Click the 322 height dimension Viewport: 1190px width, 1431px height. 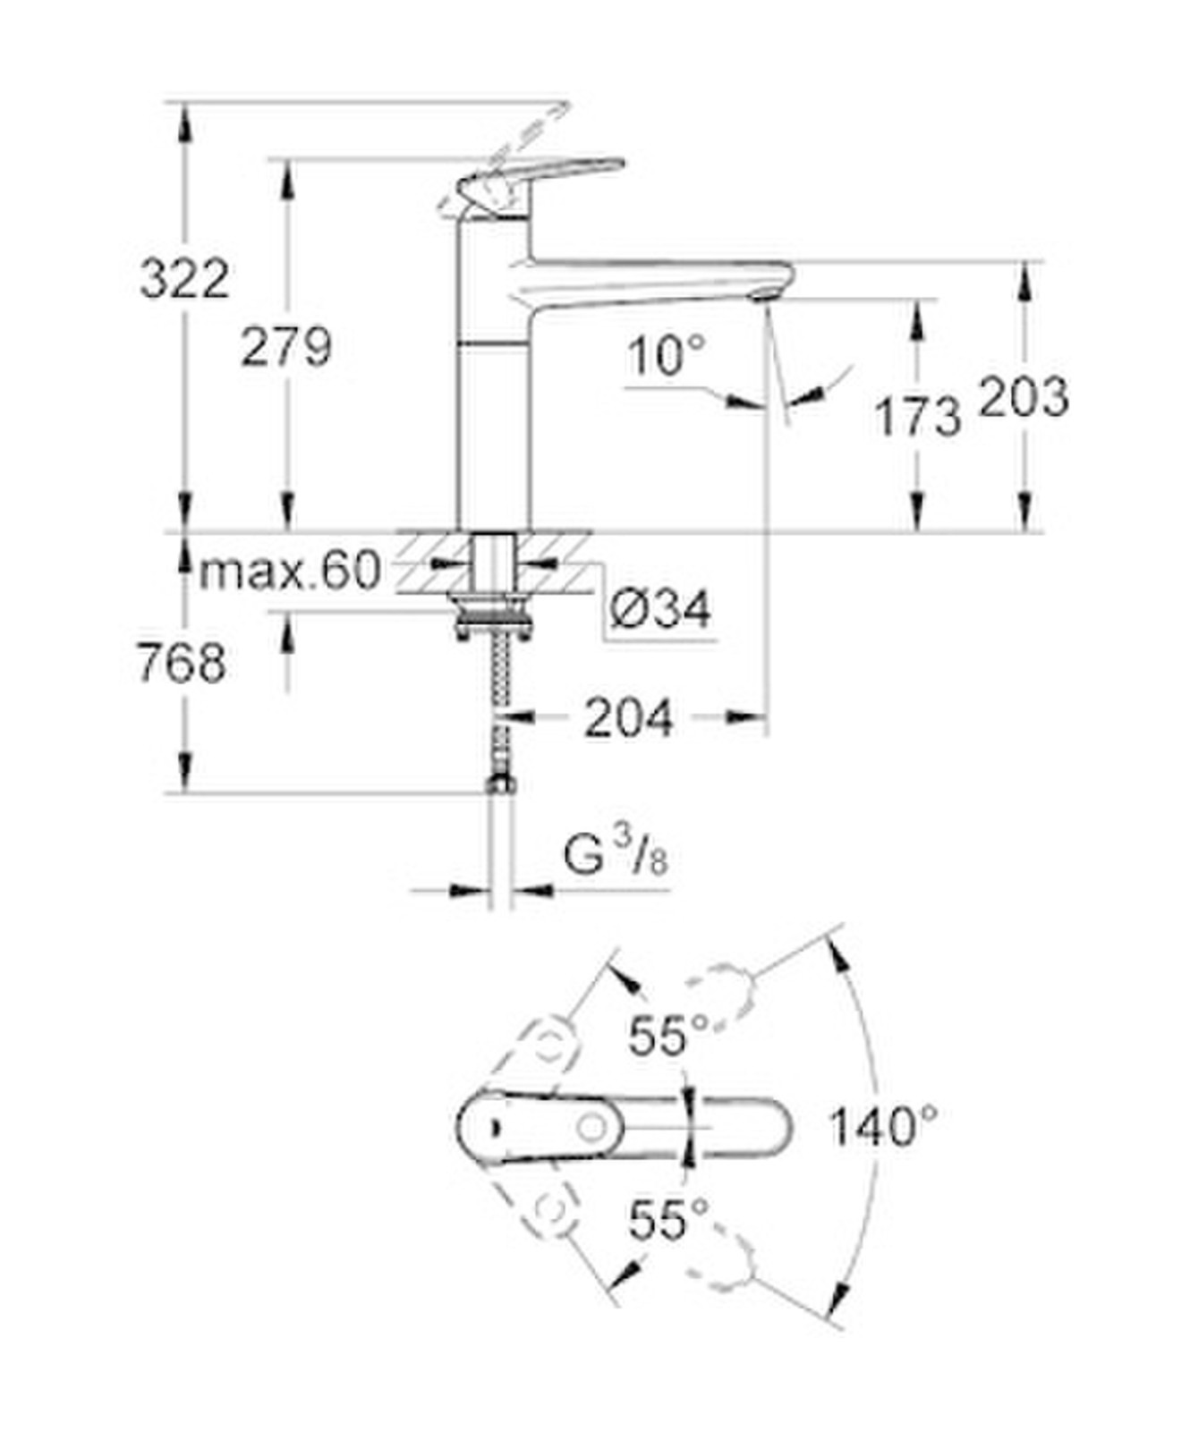(x=184, y=278)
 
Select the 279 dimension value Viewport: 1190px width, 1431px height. (x=285, y=347)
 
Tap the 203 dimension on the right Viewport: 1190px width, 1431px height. (x=1024, y=396)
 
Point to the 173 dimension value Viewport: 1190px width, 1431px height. (x=917, y=417)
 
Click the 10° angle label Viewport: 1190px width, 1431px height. (x=666, y=356)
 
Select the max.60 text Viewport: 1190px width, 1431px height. (x=290, y=570)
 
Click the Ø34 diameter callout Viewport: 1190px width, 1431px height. (x=660, y=610)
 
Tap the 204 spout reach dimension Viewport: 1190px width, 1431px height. (x=628, y=718)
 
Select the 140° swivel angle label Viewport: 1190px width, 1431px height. (x=882, y=1126)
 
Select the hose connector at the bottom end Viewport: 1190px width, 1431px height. (x=500, y=784)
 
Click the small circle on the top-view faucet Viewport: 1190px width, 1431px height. (x=591, y=1127)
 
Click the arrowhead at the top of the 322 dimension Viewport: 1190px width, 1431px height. (x=184, y=121)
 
